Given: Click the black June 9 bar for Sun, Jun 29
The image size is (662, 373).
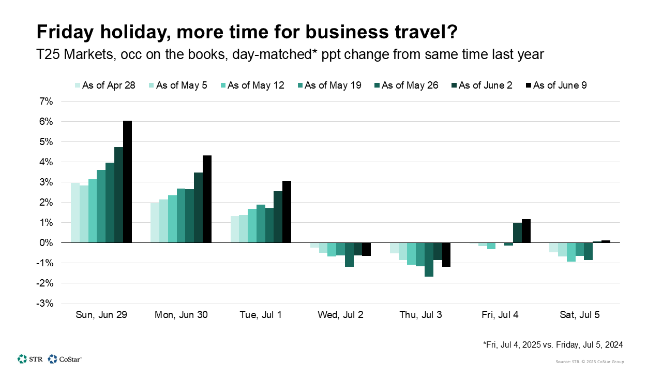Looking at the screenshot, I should [127, 181].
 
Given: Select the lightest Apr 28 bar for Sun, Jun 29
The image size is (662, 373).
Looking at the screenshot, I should [75, 212].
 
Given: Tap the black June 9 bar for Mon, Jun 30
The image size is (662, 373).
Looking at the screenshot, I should [207, 199].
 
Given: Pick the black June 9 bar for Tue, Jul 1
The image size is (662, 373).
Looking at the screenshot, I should [287, 211].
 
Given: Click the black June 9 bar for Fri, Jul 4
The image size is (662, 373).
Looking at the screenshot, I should [526, 231].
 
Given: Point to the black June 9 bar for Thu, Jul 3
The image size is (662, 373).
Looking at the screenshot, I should [446, 254].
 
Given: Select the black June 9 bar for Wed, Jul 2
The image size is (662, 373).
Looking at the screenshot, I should [366, 249].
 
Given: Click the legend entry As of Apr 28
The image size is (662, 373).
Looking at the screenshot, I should [105, 85].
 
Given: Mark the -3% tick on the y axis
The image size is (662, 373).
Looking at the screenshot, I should [45, 304].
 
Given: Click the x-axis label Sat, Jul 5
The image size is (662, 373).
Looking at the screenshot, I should [580, 314].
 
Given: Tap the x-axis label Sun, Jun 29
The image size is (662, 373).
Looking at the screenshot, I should [101, 314].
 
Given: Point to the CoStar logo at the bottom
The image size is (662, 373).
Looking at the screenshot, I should [65, 358].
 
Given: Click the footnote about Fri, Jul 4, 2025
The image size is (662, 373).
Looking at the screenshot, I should [552, 344].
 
